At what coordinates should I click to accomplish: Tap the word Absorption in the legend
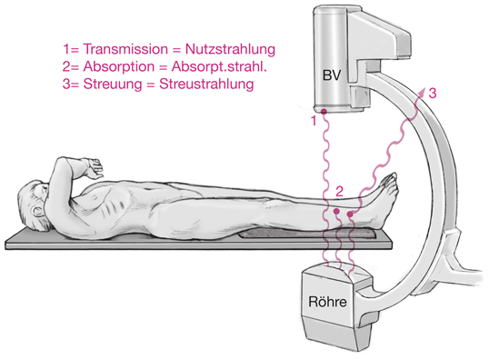coord(100,66)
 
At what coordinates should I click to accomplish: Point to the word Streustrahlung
coord(208,84)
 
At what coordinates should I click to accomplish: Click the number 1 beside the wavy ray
coord(314,119)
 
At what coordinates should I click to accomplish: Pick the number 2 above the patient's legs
coord(339,192)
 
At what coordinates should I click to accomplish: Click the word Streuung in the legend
coord(96,84)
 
